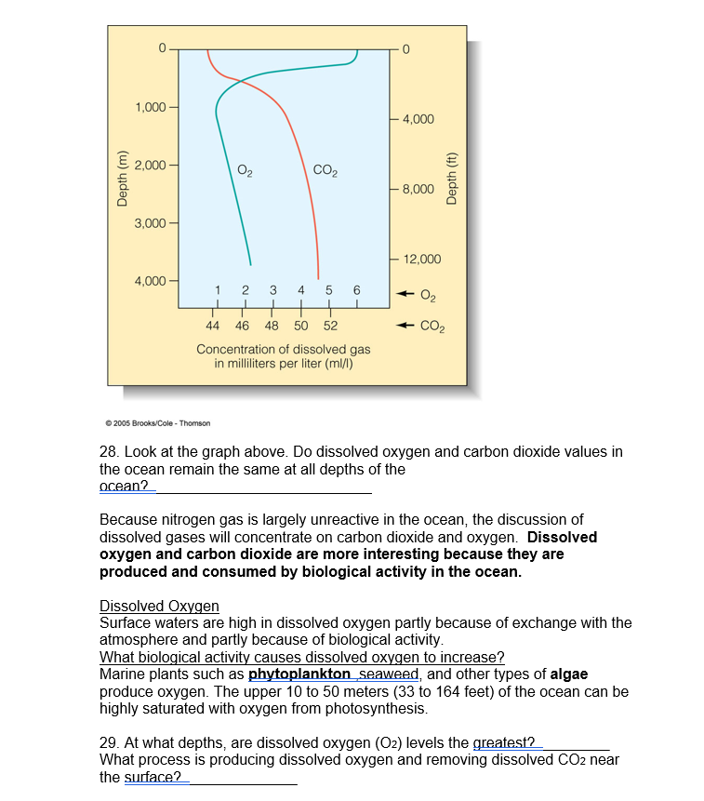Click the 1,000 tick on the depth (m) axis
150,107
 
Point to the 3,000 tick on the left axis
150,223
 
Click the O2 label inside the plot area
245,169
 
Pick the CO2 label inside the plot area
325,169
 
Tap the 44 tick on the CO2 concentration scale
213,327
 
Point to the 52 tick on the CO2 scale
330,327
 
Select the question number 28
110,452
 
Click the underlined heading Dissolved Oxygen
159,606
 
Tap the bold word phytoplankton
299,674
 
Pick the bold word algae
569,674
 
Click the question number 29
110,742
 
